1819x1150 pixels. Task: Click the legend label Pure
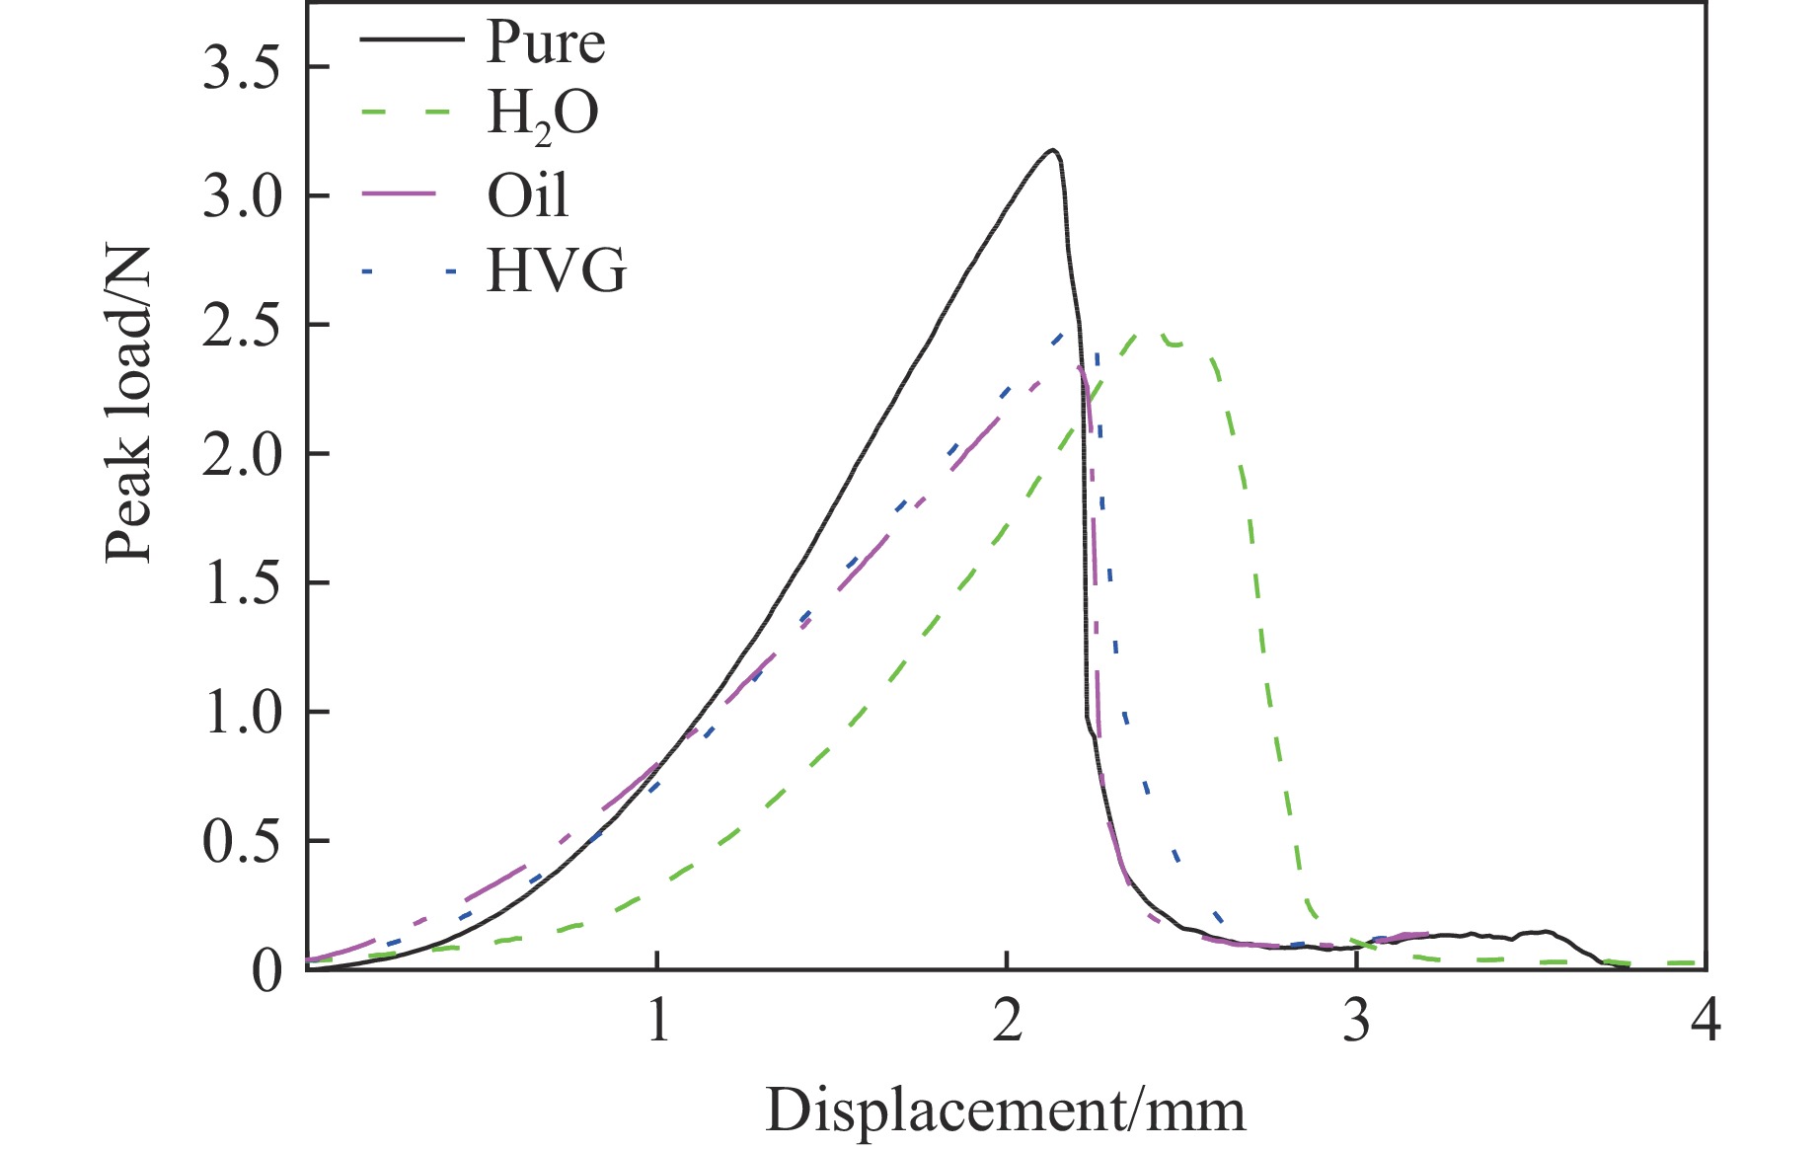point(545,42)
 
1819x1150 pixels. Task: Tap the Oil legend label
point(528,195)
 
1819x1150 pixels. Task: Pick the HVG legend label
point(557,271)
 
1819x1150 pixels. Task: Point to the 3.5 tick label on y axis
point(241,69)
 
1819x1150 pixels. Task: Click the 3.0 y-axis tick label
point(241,197)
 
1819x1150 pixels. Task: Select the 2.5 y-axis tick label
point(241,327)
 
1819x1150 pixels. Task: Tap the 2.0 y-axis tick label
point(241,455)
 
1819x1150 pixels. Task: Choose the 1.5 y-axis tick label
point(241,584)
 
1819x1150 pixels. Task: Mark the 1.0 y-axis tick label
point(241,713)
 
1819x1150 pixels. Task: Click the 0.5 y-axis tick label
point(241,842)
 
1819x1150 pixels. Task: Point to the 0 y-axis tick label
point(266,971)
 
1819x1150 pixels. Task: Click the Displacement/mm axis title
point(1005,1111)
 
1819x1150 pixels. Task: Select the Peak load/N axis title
point(129,404)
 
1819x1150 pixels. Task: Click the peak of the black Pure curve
point(1053,150)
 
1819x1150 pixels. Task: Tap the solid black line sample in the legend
point(411,39)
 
